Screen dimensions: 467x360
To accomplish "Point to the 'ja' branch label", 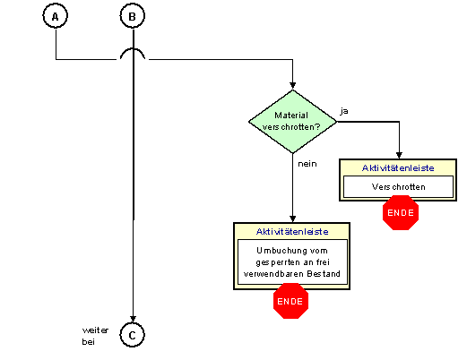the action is point(344,111).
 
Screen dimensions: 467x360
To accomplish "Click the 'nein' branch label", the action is point(307,164).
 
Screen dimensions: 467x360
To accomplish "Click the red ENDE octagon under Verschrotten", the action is point(401,213).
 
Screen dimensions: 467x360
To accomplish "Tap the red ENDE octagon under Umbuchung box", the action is point(290,301).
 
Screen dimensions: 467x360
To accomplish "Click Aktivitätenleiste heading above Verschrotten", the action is point(398,168).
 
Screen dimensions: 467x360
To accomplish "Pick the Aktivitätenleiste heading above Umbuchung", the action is point(292,232).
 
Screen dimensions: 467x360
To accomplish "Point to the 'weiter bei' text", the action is point(95,336).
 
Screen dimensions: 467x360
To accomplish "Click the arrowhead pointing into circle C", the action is point(133,319).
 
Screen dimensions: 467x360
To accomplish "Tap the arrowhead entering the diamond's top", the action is point(293,86).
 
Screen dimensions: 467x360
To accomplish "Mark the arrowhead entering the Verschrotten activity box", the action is point(399,155).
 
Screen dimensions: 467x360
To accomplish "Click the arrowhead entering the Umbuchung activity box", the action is point(293,219).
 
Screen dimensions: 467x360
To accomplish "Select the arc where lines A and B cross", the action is point(133,48).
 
